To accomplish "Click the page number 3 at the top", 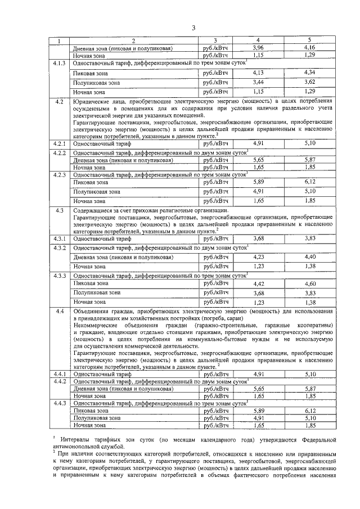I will pyautogui.click(x=193, y=28).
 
